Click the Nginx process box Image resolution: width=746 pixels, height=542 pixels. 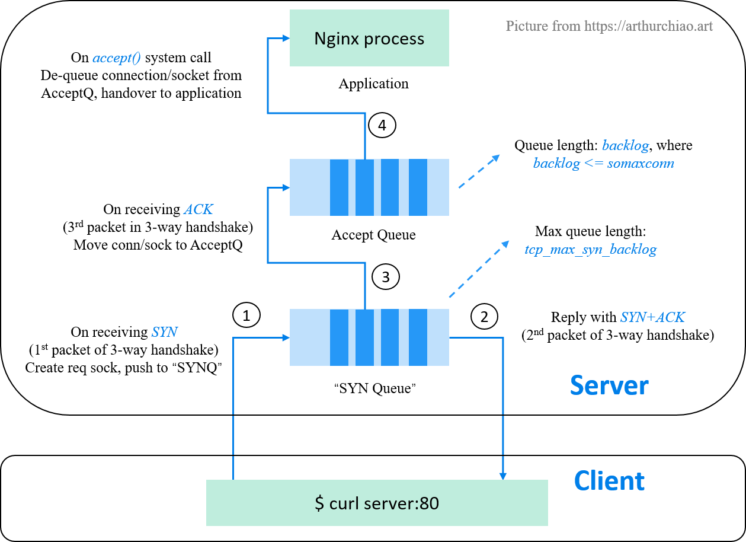point(369,39)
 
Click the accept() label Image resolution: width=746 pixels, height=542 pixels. point(117,58)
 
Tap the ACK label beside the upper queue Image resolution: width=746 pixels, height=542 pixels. point(198,209)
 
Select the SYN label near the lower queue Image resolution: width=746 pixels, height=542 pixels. point(164,332)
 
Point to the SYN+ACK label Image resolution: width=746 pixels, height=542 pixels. point(652,317)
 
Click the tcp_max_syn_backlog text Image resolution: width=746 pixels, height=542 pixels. point(590,249)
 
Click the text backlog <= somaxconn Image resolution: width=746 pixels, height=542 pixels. point(603,163)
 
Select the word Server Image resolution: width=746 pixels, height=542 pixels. point(609,385)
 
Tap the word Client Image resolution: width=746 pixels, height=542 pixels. point(609,480)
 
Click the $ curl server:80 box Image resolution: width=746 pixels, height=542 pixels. point(377,503)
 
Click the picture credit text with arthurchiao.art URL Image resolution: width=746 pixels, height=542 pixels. point(609,26)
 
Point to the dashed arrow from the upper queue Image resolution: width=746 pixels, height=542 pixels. point(479,171)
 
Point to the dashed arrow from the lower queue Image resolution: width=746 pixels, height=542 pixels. point(479,269)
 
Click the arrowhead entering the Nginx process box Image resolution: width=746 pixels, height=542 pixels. point(286,39)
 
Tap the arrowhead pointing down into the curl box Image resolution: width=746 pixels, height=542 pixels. point(503,476)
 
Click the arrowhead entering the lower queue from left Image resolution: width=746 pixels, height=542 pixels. point(286,338)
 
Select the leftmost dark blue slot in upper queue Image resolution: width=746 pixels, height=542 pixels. point(339,187)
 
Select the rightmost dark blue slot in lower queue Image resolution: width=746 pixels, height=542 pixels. point(418,337)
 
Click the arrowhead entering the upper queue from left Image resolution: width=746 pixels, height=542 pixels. point(286,188)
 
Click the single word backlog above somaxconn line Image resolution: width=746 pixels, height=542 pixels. point(625,146)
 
